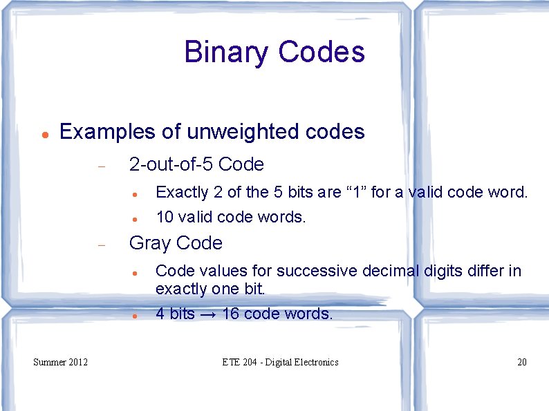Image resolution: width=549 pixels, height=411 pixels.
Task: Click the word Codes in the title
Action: (322, 52)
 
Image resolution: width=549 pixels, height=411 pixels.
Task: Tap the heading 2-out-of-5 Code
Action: (196, 164)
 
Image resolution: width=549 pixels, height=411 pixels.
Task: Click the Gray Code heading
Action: (176, 243)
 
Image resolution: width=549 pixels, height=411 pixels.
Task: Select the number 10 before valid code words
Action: (165, 217)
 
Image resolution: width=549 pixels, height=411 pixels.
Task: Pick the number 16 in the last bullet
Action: (231, 314)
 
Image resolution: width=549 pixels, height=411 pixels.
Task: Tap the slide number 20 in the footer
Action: (522, 362)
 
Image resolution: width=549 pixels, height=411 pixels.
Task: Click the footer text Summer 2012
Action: (61, 362)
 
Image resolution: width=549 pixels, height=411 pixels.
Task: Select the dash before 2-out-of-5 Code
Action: (101, 166)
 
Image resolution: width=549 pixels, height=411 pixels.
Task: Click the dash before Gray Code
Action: (101, 245)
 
